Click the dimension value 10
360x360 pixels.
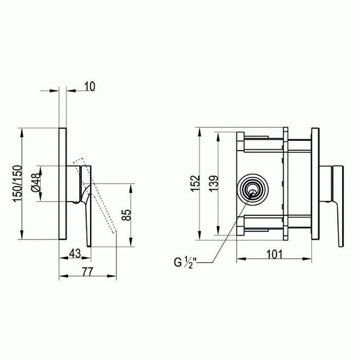[x=89, y=86]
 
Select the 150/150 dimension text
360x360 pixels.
[x=18, y=184]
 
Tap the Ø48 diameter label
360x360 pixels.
[x=37, y=183]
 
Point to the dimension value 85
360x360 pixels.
[x=127, y=215]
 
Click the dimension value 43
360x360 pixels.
[x=75, y=254]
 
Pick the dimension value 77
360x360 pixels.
[x=87, y=272]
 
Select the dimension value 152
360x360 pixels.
[x=195, y=184]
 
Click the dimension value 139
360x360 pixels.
[x=213, y=184]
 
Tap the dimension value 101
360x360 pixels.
[x=274, y=255]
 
